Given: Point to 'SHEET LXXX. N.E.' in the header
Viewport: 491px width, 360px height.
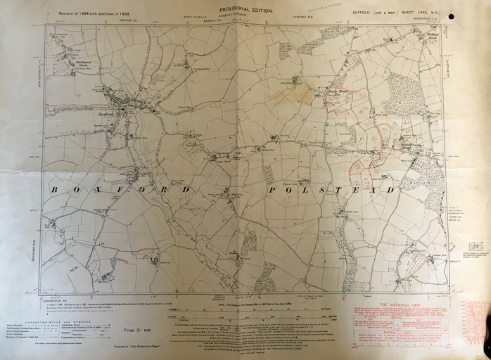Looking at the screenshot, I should tap(423, 13).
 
